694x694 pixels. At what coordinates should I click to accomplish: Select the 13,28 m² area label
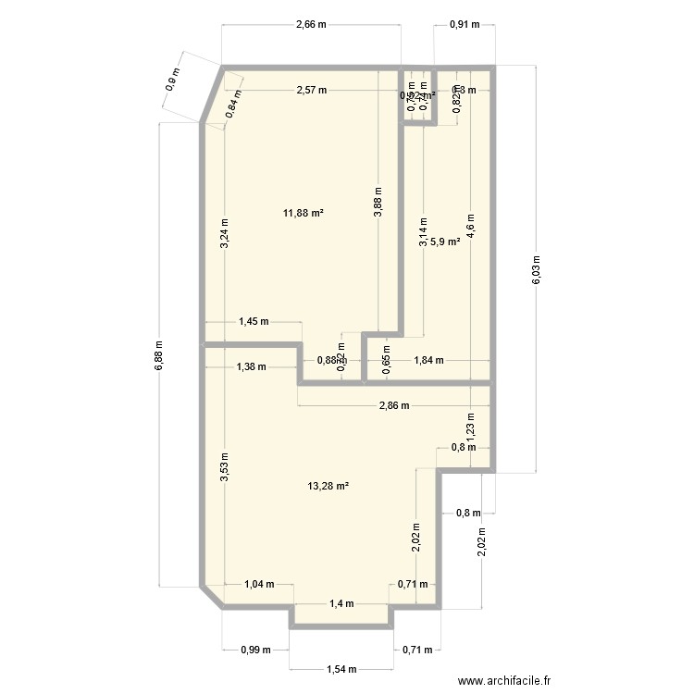[x=329, y=485]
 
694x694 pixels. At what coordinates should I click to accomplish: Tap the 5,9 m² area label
[x=446, y=242]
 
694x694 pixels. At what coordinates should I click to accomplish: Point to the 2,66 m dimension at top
[x=311, y=25]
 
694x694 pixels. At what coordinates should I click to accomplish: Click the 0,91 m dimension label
[x=465, y=25]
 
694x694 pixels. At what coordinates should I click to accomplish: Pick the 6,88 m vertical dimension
[x=158, y=353]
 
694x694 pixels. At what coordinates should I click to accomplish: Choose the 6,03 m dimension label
[x=536, y=271]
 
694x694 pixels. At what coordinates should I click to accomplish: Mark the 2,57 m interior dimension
[x=311, y=90]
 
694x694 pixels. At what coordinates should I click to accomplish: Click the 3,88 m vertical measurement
[x=378, y=203]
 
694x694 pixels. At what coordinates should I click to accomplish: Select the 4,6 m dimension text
[x=470, y=227]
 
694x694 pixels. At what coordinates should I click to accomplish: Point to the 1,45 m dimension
[x=253, y=322]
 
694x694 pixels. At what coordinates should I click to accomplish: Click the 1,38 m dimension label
[x=251, y=366]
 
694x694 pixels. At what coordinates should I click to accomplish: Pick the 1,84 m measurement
[x=428, y=361]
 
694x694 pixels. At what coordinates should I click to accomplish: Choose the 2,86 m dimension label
[x=395, y=405]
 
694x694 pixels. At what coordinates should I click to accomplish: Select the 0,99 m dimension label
[x=255, y=650]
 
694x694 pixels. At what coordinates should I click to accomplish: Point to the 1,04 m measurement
[x=259, y=584]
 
